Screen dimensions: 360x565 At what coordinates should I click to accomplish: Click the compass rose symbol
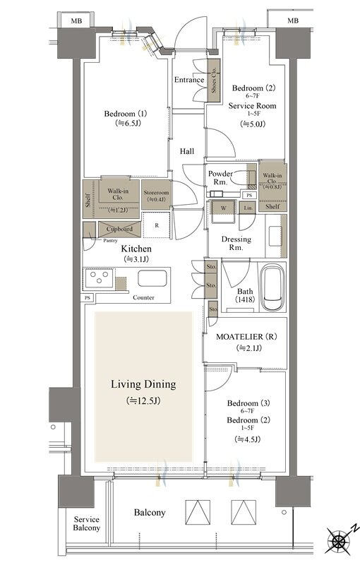coord(340,540)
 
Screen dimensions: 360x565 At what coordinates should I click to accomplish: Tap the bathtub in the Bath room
coord(272,287)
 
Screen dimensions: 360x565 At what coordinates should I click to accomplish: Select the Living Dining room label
coord(143,384)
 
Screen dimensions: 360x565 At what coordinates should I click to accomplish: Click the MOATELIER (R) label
coord(246,337)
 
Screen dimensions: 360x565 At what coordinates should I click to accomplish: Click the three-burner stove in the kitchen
coord(100,278)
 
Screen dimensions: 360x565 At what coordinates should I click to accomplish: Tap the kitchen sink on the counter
coord(152,278)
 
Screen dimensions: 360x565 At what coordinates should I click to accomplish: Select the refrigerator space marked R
coord(157,225)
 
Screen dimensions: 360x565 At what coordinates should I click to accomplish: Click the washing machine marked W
coord(224,208)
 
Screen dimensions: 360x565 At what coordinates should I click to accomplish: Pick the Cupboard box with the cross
coord(119,229)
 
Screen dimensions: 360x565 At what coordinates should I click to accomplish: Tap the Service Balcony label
coord(86,523)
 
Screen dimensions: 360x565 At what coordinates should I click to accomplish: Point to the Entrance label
coord(189,80)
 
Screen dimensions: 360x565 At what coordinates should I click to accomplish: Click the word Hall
coord(187,152)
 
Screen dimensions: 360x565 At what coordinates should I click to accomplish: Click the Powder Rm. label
coord(220,178)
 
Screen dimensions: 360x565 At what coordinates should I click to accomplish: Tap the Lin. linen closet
coord(248,208)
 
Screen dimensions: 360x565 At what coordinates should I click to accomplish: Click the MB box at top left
coord(76,21)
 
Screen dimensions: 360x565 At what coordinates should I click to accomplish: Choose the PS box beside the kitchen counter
coord(88,298)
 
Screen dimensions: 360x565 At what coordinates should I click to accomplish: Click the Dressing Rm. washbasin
coord(276,236)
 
